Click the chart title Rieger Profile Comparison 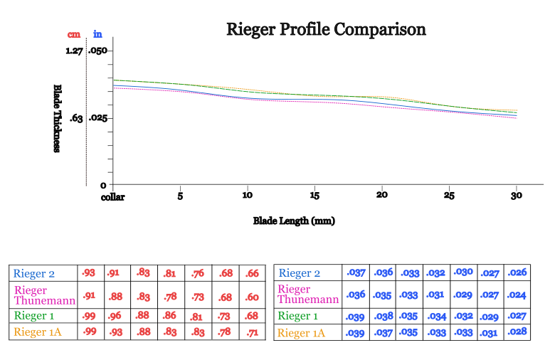[326, 30]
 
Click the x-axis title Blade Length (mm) [294, 221]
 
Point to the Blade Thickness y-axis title [58, 118]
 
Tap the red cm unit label [73, 34]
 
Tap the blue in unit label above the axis [97, 34]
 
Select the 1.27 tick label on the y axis [74, 51]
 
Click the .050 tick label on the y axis [97, 51]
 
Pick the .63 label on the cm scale [76, 118]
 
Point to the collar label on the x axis [113, 197]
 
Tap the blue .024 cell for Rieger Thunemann [517, 295]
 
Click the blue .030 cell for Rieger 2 [464, 272]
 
